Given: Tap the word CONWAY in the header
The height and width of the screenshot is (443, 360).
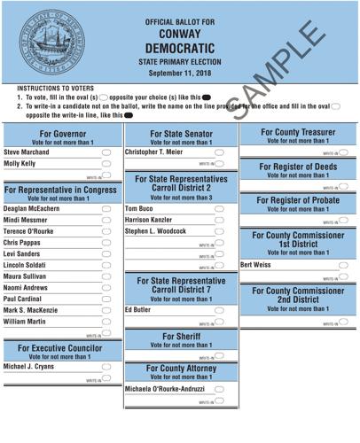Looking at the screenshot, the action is point(181,34).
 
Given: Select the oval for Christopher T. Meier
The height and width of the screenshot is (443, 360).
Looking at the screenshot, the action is point(219,152).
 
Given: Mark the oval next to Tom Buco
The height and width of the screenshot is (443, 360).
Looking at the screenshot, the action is point(219,207).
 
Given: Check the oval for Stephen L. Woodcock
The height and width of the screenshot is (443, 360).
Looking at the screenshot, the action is point(219,230).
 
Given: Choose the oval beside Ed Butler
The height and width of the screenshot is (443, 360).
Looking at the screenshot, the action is point(219,310).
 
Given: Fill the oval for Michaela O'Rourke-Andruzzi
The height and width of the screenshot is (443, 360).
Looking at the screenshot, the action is point(219,390).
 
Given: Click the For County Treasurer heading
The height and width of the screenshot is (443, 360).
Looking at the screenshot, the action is point(299,132).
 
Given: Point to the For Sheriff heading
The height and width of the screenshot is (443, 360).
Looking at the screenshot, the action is point(180,337).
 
